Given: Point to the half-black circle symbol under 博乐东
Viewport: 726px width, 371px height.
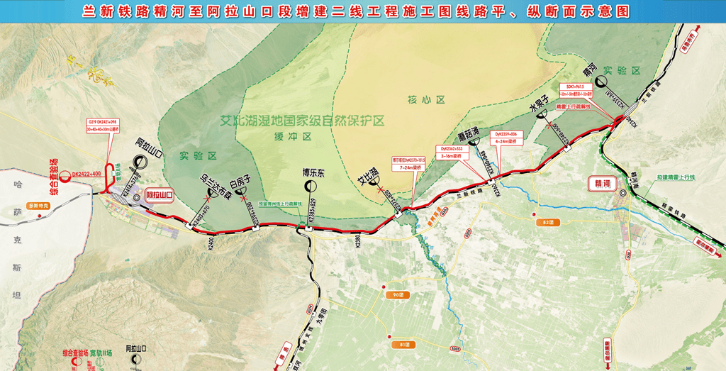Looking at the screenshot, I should coord(311,185).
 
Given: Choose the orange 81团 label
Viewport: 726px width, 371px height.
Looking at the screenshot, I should coord(405,344).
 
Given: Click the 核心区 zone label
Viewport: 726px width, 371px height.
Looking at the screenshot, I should coord(420,100).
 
